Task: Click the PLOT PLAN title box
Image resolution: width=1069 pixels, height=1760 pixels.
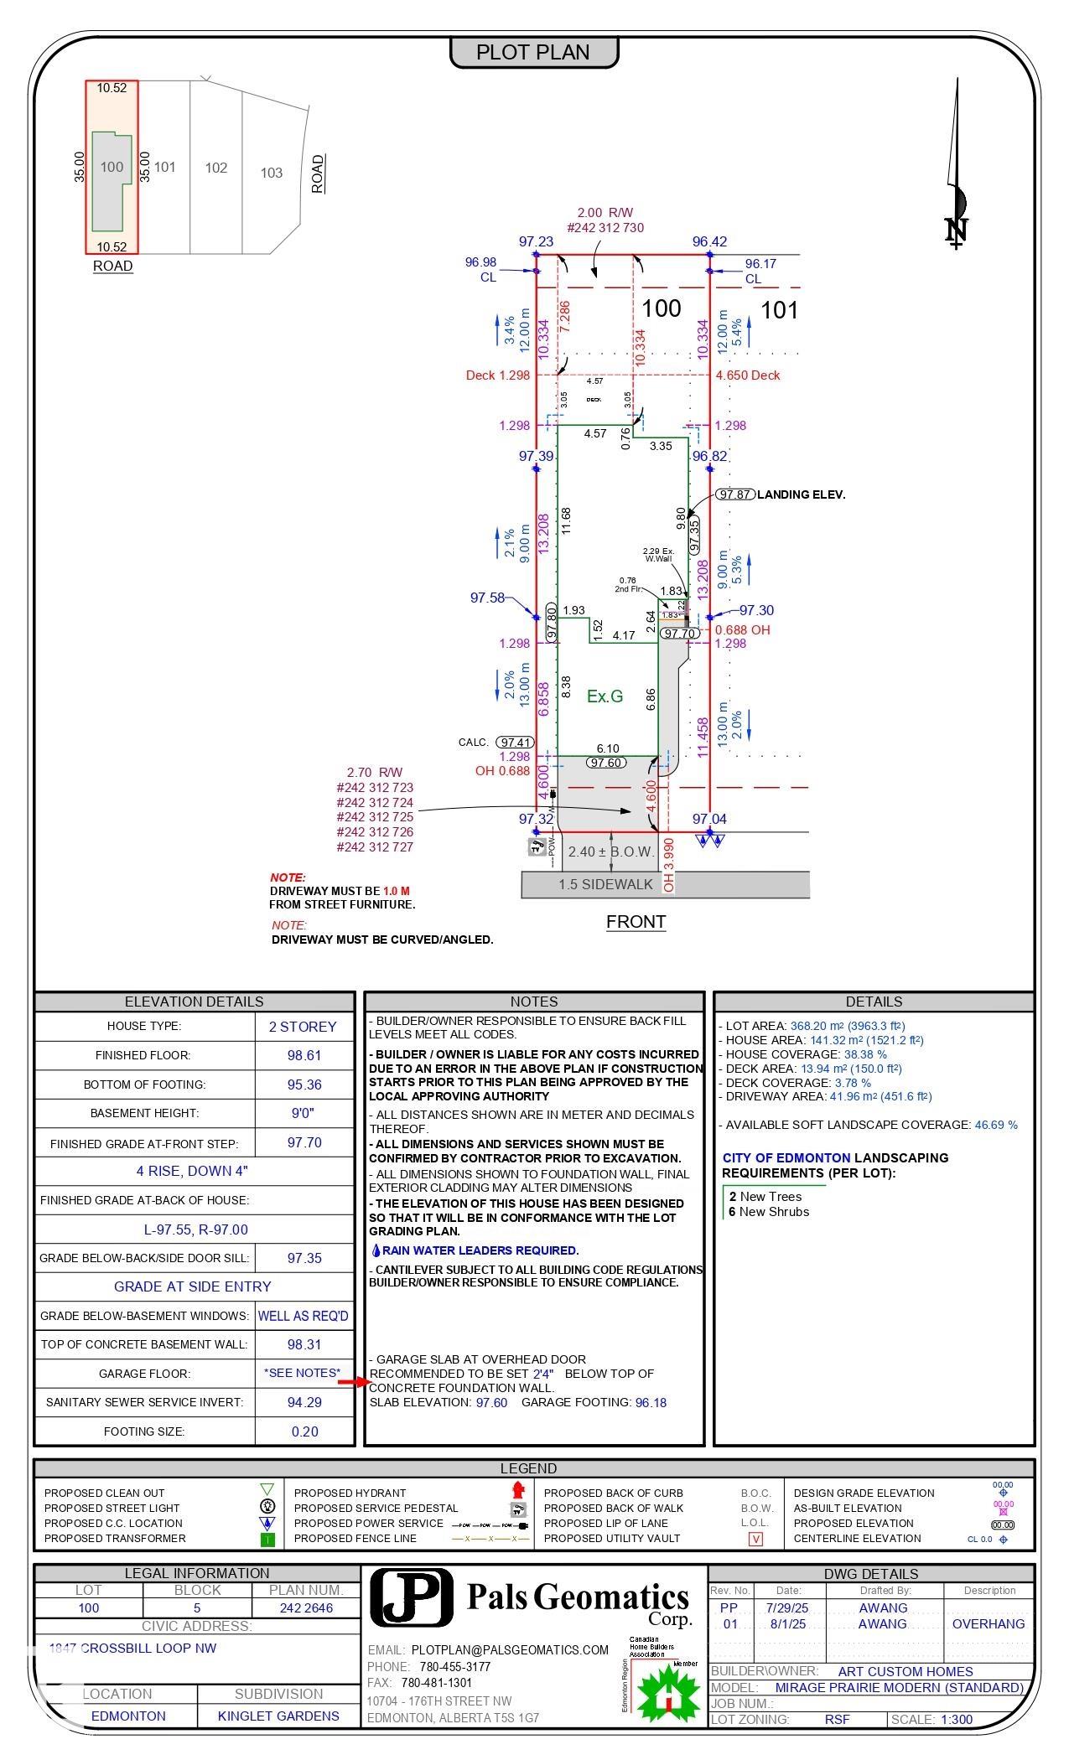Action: click(534, 52)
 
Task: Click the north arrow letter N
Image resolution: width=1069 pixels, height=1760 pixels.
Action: click(956, 230)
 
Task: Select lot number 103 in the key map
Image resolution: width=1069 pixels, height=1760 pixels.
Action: click(271, 173)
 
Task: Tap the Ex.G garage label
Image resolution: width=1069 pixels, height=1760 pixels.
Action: click(605, 696)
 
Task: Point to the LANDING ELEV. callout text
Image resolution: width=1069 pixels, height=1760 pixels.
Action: click(801, 494)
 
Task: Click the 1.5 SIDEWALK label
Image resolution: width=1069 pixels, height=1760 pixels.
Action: click(605, 884)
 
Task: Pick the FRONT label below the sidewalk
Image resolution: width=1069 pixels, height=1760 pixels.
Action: click(636, 922)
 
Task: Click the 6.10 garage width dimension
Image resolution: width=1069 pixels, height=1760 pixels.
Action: click(608, 748)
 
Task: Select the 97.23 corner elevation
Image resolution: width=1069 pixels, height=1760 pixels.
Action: click(536, 241)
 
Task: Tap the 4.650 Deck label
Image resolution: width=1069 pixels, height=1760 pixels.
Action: click(747, 375)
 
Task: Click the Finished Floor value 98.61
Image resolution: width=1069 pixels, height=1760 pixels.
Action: click(304, 1055)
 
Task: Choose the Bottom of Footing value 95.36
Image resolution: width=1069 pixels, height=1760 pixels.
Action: click(304, 1084)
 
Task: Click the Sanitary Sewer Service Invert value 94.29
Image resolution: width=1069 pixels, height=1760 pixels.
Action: click(304, 1402)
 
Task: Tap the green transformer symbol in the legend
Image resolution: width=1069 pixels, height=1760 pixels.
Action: click(267, 1539)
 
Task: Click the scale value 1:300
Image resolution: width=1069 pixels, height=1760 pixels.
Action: click(956, 1720)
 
